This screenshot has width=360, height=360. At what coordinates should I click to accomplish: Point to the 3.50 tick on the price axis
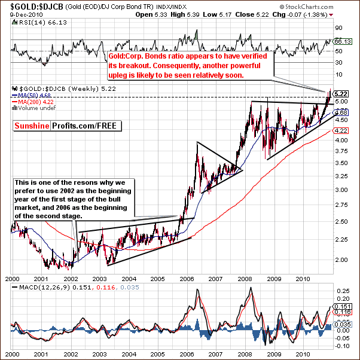point(341,163)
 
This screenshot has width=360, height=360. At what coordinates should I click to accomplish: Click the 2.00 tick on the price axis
point(341,260)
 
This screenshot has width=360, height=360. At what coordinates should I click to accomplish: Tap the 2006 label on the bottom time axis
point(186,279)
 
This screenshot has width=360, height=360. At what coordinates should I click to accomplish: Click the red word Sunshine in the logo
point(32,126)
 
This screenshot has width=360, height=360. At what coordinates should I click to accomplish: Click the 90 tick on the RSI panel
point(338,28)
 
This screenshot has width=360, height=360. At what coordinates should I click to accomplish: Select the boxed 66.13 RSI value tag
point(342,41)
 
